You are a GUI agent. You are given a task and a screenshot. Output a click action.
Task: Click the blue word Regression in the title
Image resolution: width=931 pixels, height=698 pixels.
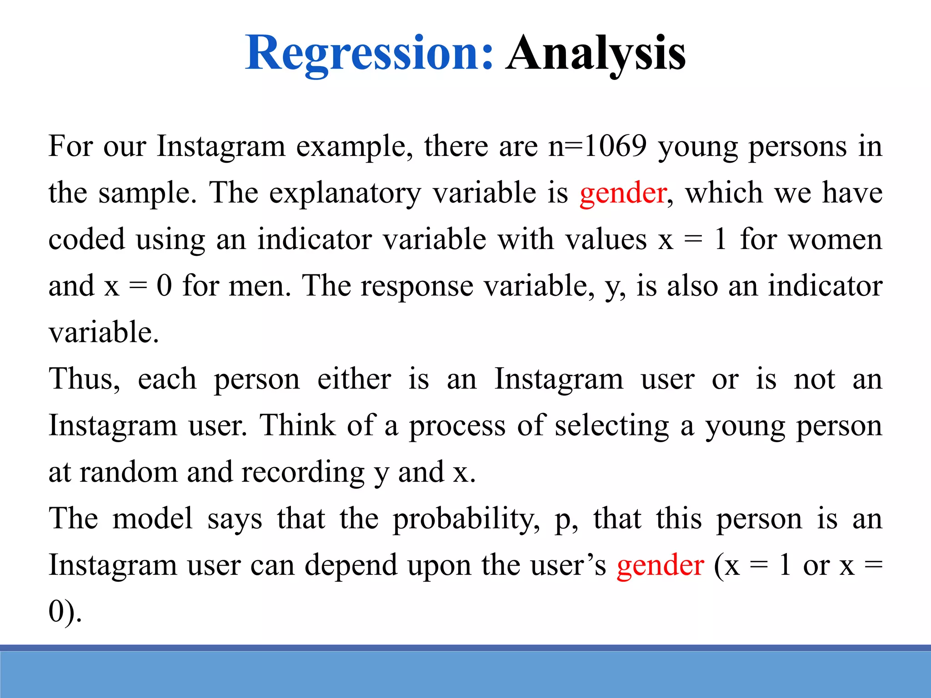(x=369, y=54)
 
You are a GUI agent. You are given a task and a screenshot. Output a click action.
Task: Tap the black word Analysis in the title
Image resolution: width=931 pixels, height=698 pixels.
(x=596, y=54)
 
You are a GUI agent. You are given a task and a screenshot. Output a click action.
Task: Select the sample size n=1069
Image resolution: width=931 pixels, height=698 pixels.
(x=597, y=146)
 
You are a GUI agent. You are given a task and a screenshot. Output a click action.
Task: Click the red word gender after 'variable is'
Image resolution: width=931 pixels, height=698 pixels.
(x=623, y=193)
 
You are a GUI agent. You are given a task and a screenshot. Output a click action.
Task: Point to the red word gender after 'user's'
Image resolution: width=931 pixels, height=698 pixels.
(x=660, y=566)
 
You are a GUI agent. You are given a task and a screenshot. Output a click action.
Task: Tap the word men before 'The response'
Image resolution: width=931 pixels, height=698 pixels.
(x=259, y=286)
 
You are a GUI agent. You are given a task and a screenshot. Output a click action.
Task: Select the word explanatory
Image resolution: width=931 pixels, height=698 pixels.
(x=345, y=193)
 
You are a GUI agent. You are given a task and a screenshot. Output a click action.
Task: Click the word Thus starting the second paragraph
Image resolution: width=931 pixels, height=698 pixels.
(x=85, y=379)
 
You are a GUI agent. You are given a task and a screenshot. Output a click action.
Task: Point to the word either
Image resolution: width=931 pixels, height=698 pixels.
(x=354, y=379)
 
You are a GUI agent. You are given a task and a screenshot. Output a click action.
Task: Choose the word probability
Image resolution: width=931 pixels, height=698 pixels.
(x=466, y=519)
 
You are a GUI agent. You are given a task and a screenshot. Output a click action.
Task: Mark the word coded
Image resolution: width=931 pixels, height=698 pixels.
(x=86, y=239)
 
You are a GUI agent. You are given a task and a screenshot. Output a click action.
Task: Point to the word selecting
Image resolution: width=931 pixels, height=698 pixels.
(x=612, y=426)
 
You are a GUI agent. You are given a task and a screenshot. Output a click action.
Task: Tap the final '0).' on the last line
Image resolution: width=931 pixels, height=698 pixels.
(x=65, y=612)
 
